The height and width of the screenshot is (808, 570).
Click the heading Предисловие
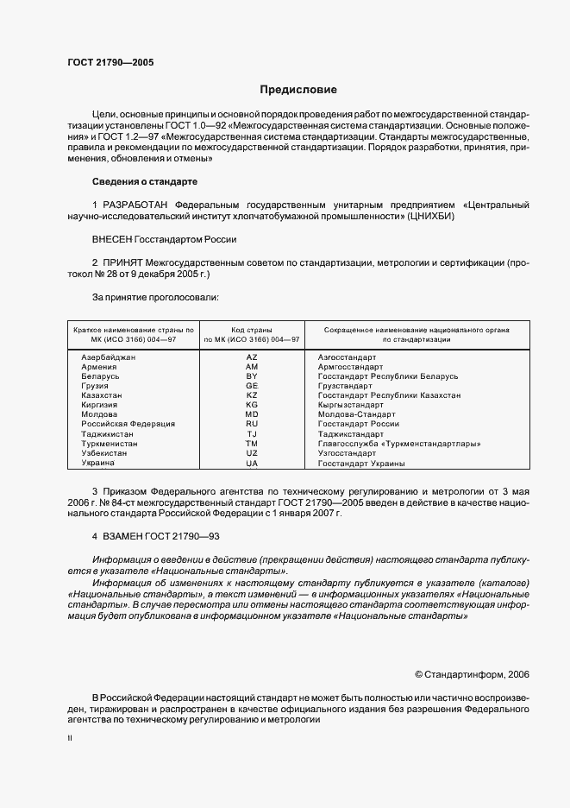pos(298,90)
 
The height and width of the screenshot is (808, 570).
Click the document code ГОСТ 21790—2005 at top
pos(110,62)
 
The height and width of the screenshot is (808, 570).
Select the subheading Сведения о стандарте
pos(145,182)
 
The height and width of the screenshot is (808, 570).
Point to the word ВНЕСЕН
pos(114,239)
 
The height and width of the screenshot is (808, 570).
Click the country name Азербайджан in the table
pos(109,357)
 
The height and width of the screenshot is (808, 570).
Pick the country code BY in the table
pos(252,376)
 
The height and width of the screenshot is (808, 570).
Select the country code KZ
pos(252,395)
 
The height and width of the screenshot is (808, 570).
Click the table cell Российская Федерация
pos(128,424)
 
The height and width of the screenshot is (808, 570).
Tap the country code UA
pos(252,464)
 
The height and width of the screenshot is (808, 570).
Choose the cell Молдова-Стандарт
pos(357,414)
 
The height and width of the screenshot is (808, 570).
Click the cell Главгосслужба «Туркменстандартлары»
pos(399,444)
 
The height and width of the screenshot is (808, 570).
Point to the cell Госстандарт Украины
pos(361,464)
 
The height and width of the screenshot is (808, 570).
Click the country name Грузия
pos(95,386)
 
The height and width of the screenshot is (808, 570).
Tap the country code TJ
pos(252,434)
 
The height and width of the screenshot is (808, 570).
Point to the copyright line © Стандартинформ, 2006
pos(472,673)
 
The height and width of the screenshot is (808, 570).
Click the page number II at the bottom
pos(70,741)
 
